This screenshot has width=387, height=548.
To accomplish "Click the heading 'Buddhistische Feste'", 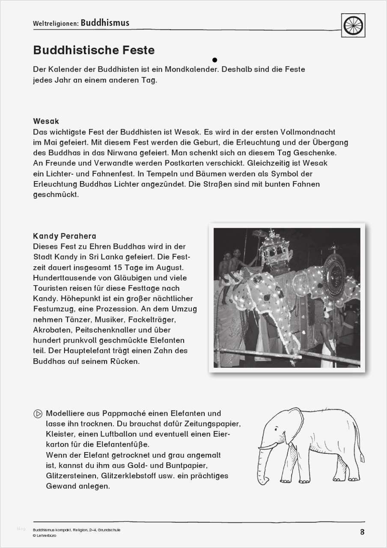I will point(94,50).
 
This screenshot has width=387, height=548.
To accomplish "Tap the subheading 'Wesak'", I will point(46,121).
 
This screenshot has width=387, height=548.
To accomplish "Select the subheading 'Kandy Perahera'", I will point(65,236).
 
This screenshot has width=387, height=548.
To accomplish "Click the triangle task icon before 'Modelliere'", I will point(38,414).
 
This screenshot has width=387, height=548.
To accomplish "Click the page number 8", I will point(362,532).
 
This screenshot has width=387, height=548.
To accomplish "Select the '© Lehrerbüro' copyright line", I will point(45,535).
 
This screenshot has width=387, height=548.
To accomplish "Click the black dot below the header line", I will point(215,60).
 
